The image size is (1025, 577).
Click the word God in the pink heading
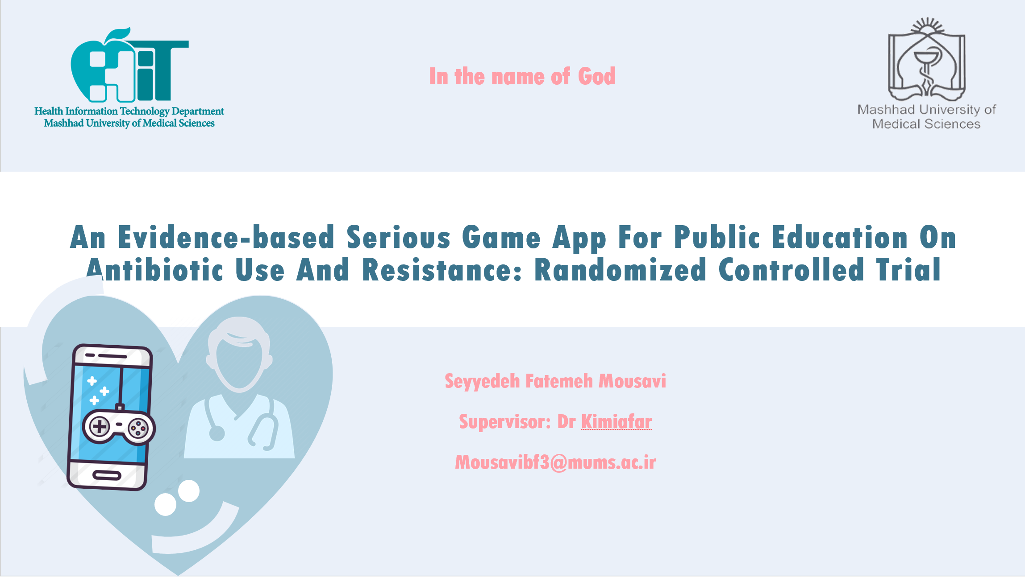(x=597, y=76)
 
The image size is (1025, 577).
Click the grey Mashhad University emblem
(x=927, y=59)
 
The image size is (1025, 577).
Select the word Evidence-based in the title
(x=226, y=237)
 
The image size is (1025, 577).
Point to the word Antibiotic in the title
(x=154, y=270)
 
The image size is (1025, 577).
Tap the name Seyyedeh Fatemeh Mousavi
(x=555, y=381)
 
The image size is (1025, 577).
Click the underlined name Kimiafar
(x=617, y=421)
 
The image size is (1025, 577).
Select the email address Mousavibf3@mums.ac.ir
(x=555, y=462)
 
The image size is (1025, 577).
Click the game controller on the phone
(x=119, y=427)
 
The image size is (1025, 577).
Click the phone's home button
(x=107, y=475)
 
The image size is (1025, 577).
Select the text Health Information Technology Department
(x=129, y=111)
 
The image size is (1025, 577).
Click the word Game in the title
(x=501, y=237)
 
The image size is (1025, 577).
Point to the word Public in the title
(x=717, y=237)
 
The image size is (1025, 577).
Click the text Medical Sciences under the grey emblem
(x=926, y=124)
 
